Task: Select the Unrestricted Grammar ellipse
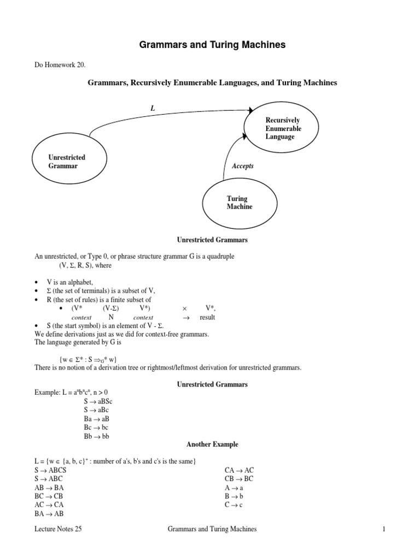coord(67,162)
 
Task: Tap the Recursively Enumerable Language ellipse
coord(283,128)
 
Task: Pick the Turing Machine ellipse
coord(237,203)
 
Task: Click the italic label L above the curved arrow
coord(153,109)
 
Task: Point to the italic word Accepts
coord(242,166)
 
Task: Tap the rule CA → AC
coord(239,469)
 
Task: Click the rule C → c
coord(234,505)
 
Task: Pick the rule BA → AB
coord(49,514)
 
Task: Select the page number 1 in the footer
coord(384,529)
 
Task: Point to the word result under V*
coord(207,317)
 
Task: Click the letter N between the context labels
coord(111,317)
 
